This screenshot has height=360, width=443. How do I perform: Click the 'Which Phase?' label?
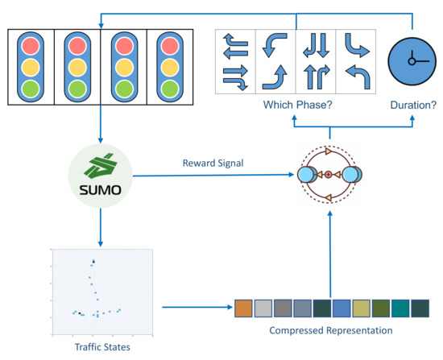[294, 105]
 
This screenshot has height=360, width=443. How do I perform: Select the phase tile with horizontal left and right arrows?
[235, 61]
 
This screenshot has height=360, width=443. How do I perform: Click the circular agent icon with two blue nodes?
[329, 175]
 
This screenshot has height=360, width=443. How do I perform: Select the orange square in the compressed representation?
[244, 308]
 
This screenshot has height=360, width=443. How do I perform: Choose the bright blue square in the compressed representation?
[342, 308]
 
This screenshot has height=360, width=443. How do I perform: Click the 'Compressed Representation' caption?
[332, 330]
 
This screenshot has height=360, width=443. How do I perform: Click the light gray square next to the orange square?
[263, 308]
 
